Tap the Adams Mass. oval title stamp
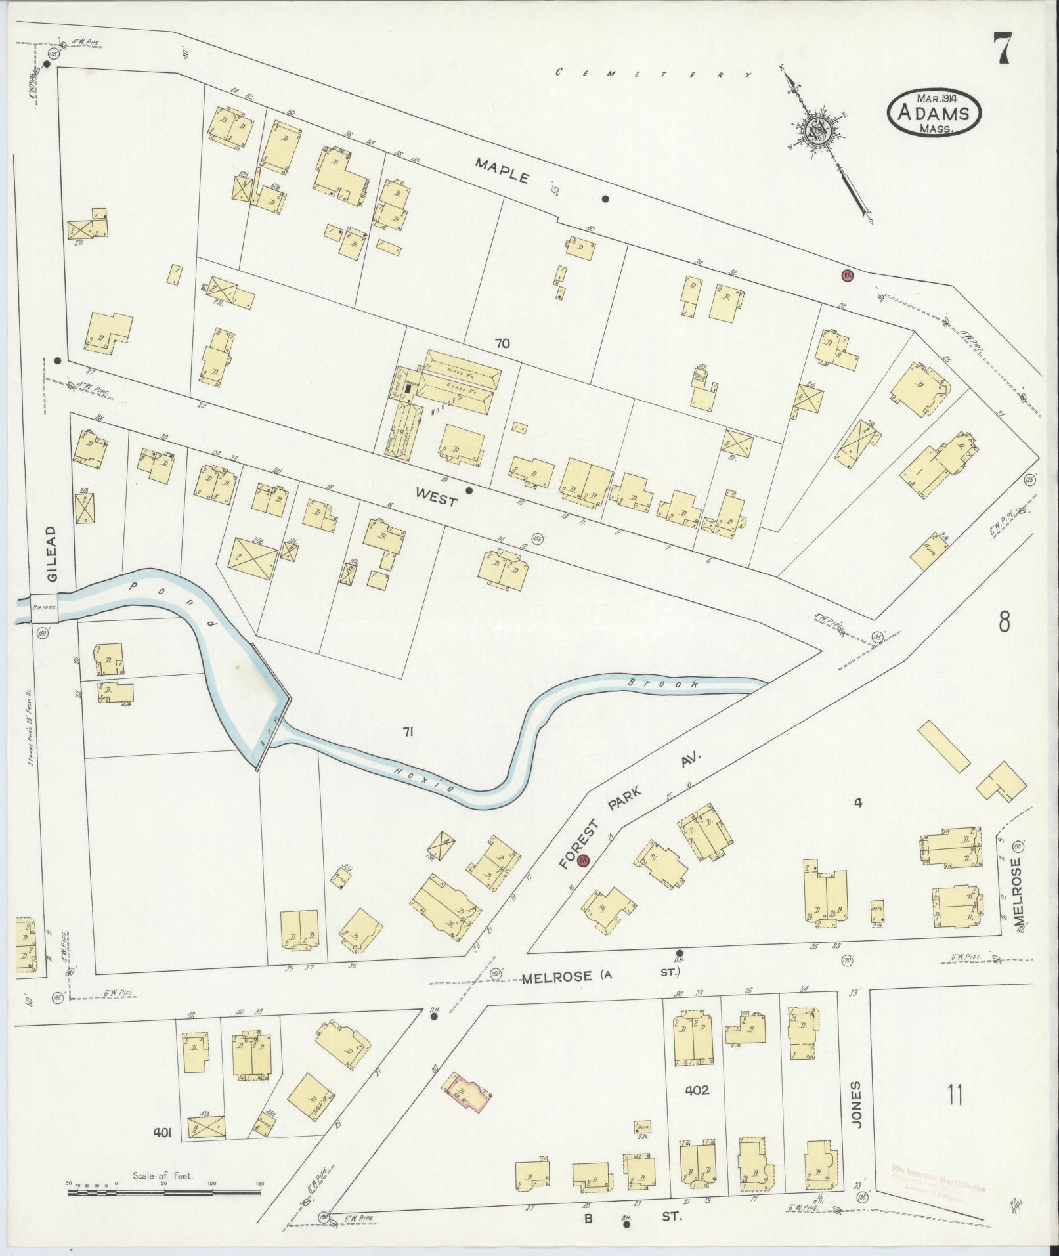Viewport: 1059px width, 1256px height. (935, 113)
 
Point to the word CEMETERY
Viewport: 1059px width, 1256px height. (653, 74)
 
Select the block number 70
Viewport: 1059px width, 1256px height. (503, 343)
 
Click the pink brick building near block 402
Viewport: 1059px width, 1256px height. (468, 1092)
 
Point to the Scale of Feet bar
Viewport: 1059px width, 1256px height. (164, 1190)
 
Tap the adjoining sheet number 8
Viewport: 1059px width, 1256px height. (1005, 621)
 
